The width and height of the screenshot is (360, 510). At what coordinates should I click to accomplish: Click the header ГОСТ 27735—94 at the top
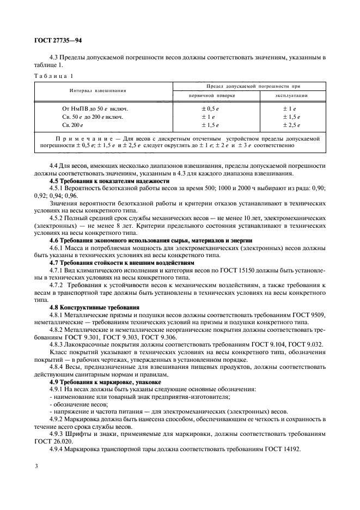pyautogui.click(x=58, y=40)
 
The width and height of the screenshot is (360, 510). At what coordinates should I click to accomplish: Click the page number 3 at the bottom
pyautogui.click(x=36, y=467)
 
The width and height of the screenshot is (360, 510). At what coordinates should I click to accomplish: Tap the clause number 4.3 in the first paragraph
pyautogui.click(x=54, y=57)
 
